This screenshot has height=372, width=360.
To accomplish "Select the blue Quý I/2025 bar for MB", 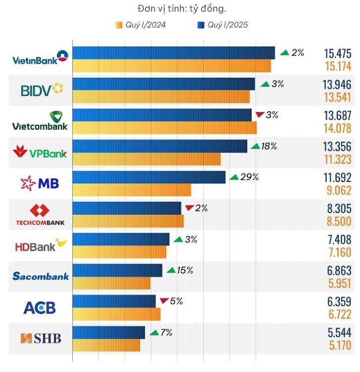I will point(148,177).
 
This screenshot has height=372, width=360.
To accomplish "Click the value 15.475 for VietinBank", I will point(337,53).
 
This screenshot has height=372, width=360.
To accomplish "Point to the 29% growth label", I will point(249,177).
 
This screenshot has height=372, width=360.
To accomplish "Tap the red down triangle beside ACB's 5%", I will point(164,300).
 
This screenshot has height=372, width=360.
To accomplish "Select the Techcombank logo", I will point(41,214).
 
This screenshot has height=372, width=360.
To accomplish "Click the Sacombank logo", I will point(41,276).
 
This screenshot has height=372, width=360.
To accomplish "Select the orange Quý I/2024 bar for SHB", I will point(106,345).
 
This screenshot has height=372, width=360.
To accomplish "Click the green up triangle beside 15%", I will point(171,270).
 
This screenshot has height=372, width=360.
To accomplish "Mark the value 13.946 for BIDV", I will point(337,84).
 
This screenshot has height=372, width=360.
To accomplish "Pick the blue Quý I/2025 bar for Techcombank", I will point(127,208).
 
